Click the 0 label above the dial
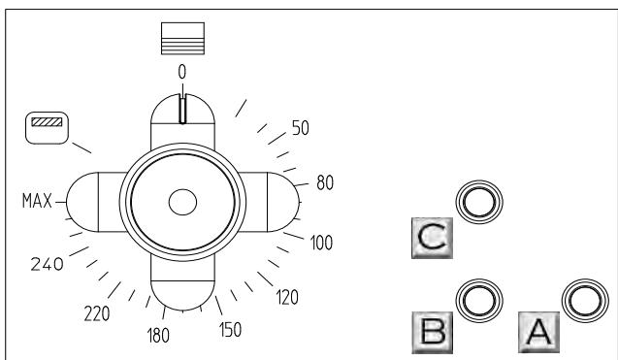181,72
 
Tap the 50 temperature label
301,128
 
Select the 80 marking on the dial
325,183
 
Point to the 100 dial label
321,243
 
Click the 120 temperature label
287,297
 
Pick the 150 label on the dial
230,330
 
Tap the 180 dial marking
158,336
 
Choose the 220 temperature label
97,314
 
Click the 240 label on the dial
47,264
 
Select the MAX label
37,201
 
